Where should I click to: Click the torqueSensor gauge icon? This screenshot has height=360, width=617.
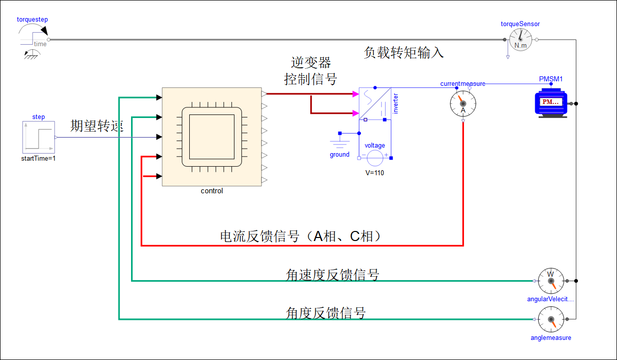coord(520,40)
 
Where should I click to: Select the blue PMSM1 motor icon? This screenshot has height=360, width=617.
coord(551,103)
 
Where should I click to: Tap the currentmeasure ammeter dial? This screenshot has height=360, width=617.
coord(463,103)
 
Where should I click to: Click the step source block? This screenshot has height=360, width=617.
coord(39,137)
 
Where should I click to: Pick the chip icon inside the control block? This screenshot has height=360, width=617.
coord(212,137)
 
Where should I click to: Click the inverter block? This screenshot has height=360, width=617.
coord(375,103)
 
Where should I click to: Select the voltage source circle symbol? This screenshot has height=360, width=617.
coord(375,158)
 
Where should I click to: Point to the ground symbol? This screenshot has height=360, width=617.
coord(340,141)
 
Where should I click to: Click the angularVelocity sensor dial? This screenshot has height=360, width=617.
coord(551,281)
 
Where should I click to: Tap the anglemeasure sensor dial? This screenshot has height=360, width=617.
coord(551,319)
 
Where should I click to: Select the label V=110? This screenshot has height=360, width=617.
coord(375,173)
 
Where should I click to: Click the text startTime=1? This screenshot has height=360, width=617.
coord(38,158)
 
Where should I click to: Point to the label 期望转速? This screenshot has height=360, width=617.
coord(97,126)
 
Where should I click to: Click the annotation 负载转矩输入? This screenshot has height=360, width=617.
coord(404,53)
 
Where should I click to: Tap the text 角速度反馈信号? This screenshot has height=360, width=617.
coord(332,275)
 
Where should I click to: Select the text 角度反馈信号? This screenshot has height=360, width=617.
coord(326,313)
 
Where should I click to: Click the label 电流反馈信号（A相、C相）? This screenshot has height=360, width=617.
coord(301,236)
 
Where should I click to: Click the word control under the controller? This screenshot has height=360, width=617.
coord(212,191)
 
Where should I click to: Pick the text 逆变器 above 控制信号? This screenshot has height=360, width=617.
coord(311,63)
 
